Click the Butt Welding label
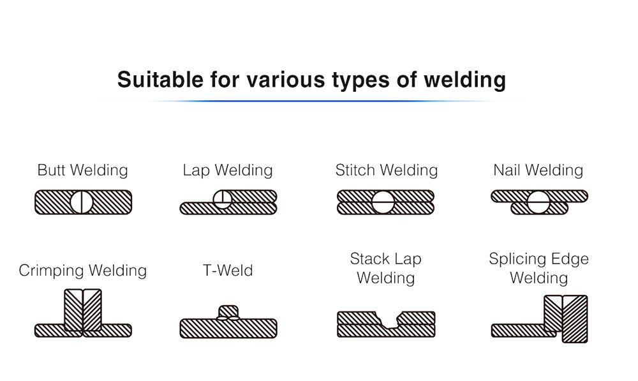[x=82, y=170]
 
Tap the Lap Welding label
[x=227, y=170]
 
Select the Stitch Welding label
[x=387, y=170]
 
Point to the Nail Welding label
[x=538, y=170]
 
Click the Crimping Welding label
[x=83, y=271]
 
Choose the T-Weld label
[x=228, y=271]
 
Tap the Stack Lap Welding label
[x=386, y=268]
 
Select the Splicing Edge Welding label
[x=538, y=268]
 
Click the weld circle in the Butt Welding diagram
[x=82, y=202]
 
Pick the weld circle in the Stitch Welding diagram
[x=383, y=202]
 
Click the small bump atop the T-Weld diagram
[x=228, y=312]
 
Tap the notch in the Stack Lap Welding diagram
[x=386, y=318]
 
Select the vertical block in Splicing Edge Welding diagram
[x=565, y=318]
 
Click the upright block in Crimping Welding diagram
[x=83, y=310]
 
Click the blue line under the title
[x=313, y=101]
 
